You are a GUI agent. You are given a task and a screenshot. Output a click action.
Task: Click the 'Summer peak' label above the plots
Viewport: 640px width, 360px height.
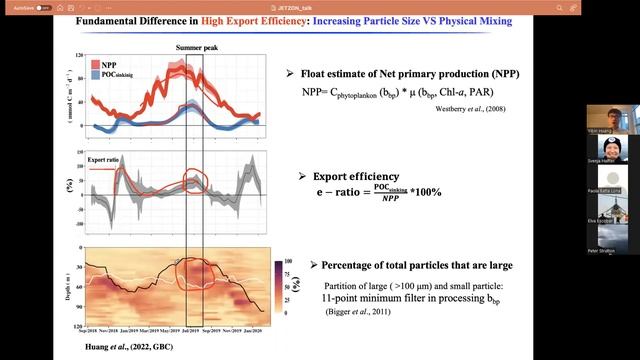[198, 47]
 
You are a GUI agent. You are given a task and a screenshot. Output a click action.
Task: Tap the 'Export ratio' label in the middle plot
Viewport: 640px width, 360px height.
[104, 159]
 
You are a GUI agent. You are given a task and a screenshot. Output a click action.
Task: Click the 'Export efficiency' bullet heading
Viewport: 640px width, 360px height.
[357, 176]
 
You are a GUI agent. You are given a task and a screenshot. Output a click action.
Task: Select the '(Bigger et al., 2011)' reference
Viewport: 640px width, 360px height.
[357, 313]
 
